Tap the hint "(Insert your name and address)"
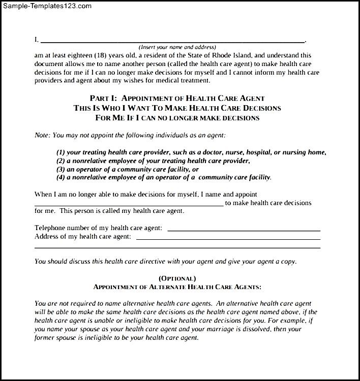pyautogui.click(x=174, y=47)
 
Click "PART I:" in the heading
pyautogui.click(x=104, y=98)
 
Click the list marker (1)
pyautogui.click(x=61, y=152)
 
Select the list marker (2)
pyautogui.click(x=61, y=161)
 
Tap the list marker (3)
pyautogui.click(x=61, y=169)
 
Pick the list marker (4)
pyautogui.click(x=61, y=177)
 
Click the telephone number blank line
pyautogui.click(x=244, y=230)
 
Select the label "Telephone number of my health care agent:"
pyautogui.click(x=98, y=228)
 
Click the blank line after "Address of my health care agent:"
pyautogui.click(x=228, y=238)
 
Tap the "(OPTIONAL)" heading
pyautogui.click(x=177, y=278)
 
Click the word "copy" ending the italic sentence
pyautogui.click(x=286, y=262)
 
